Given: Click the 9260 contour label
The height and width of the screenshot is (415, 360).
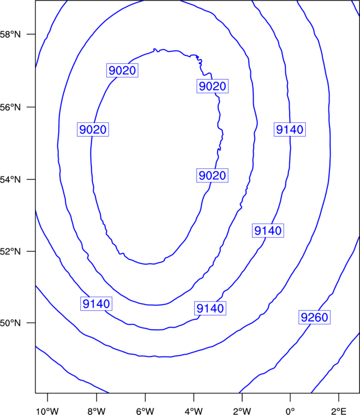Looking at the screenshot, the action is pos(315,317).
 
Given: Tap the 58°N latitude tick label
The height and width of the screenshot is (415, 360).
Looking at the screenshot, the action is pos(10,34).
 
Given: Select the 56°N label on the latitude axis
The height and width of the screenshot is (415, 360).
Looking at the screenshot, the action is pos(10,107).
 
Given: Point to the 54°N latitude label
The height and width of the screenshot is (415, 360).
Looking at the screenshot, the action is pos(10,180).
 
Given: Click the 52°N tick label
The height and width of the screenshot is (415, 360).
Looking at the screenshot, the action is pos(10,251).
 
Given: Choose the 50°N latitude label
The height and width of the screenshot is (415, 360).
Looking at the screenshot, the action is pos(10,323).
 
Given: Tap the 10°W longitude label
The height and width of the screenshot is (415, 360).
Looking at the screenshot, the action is pos(48,411).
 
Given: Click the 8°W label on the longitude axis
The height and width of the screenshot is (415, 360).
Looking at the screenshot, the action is pos(96,411).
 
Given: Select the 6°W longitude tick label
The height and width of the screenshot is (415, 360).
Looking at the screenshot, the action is pos(145,411).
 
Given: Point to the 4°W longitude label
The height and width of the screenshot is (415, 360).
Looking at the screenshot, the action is pos(194,411).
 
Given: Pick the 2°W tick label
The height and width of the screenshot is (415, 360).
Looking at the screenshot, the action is pos(242,411).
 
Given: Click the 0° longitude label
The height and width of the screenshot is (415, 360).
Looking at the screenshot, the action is pos(290,411).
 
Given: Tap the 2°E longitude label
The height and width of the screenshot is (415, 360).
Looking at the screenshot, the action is pos(338,411).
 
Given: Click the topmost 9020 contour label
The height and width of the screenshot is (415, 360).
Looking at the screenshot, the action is pos(122,70).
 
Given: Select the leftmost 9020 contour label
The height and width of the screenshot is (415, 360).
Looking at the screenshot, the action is pos(93,129).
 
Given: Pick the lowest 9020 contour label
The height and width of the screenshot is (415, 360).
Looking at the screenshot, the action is pos(212,175).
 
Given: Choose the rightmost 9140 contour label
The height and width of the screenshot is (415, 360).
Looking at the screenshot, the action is pos(290,129).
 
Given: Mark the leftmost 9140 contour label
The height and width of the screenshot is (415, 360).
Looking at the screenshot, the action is pos(96,304).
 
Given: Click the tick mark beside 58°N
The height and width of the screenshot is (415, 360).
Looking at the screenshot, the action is pos(31,34).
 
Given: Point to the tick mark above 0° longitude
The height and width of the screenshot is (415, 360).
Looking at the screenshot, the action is pos(290,397).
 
